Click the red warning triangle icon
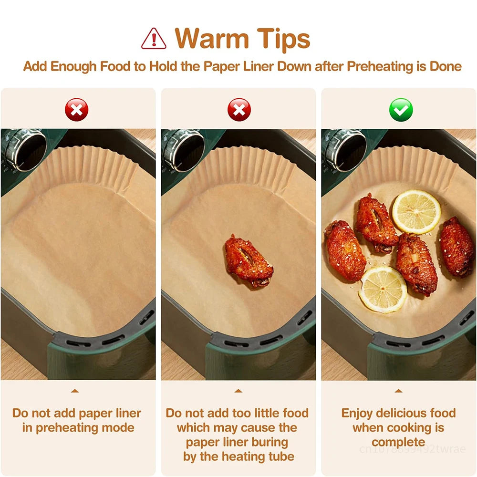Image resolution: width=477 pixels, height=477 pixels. click(154, 39)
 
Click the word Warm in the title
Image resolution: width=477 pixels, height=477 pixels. click(212, 38)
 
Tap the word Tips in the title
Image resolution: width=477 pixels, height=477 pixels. click(283, 39)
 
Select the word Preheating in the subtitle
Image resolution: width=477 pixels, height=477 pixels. click(381, 66)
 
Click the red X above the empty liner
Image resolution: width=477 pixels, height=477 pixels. click(77, 110)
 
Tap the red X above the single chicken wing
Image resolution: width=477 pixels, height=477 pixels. click(239, 110)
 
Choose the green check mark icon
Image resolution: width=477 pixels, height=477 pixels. click(401, 110)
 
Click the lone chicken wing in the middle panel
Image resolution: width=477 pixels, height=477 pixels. click(249, 261)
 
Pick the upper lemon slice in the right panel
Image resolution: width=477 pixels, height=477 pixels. click(416, 212)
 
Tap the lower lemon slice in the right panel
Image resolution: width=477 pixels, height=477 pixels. click(383, 290)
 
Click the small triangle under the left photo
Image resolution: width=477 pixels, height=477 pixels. click(75, 391)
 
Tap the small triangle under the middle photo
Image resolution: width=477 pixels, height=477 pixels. click(238, 391)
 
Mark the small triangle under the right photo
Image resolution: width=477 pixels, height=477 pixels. click(398, 391)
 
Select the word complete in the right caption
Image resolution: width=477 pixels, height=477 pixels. click(398, 443)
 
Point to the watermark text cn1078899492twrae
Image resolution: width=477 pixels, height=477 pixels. click(412, 449)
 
